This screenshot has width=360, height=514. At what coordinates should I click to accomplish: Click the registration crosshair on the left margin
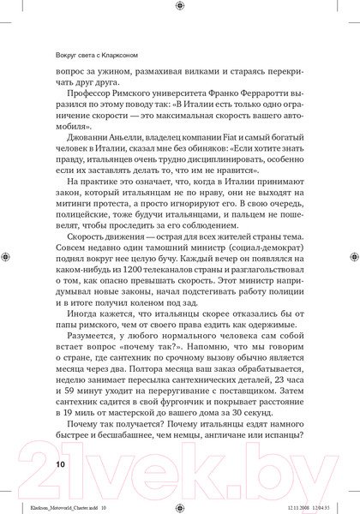(x=8, y=256)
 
